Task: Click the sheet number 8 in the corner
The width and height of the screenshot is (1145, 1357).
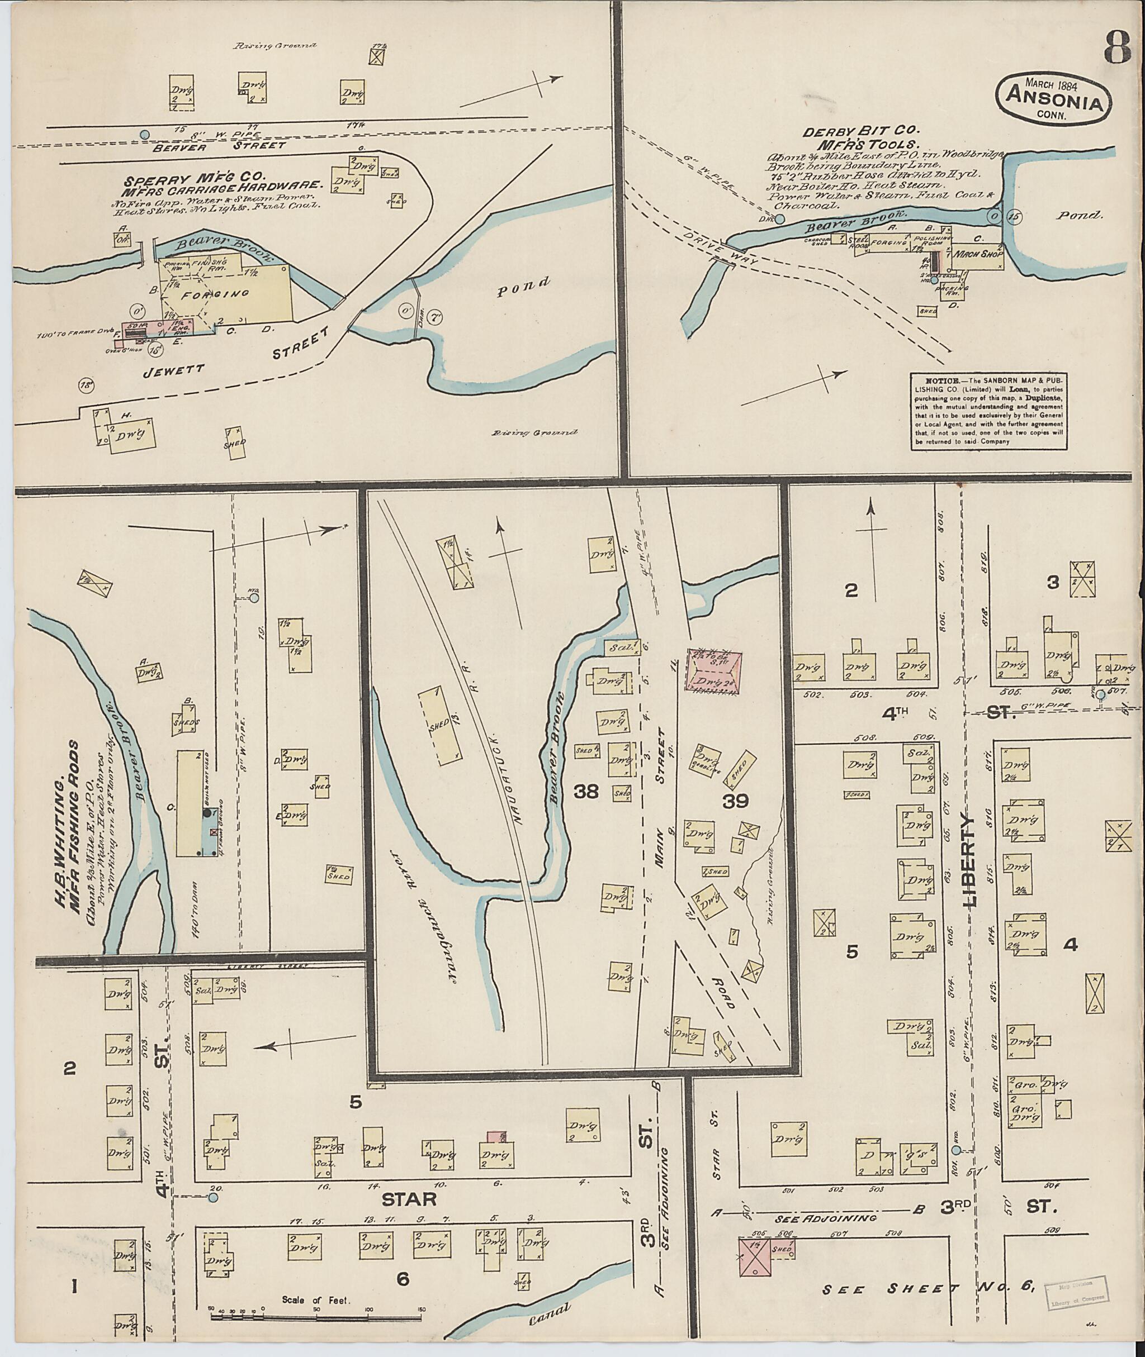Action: [1114, 47]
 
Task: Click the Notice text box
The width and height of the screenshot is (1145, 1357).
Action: [989, 410]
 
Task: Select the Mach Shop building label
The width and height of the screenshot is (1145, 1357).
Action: [977, 254]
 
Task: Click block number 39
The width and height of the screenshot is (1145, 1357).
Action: [736, 801]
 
